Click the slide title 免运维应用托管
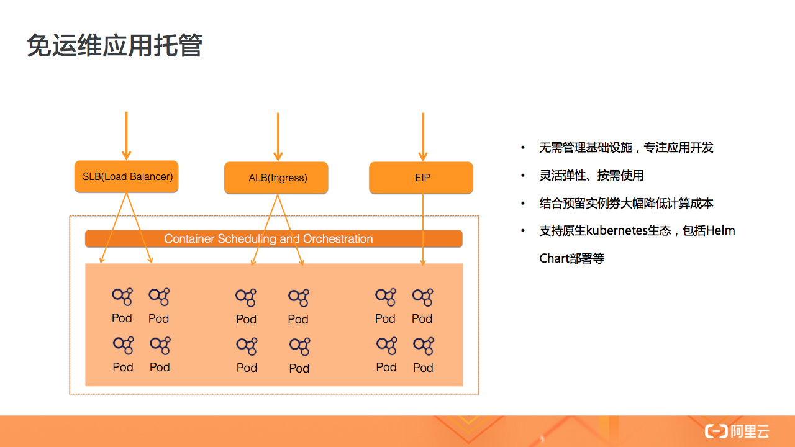pos(115,46)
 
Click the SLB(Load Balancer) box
pos(127,176)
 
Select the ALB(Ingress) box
pos(276,178)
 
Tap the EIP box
pos(422,178)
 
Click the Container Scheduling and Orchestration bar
pos(273,239)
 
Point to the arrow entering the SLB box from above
pos(127,137)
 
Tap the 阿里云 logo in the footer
pos(737,431)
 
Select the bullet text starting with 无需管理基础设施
pos(626,148)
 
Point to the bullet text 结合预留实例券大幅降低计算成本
pos(626,203)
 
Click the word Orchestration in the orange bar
pos(338,239)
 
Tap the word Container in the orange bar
pos(189,239)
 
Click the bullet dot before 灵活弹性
pos(523,176)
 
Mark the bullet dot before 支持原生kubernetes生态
pos(523,231)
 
